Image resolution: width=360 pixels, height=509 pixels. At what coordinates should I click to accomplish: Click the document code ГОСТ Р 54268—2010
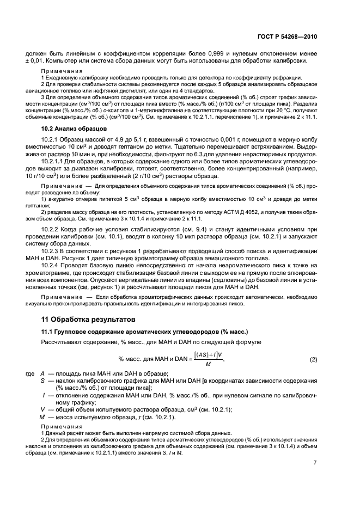pyautogui.click(x=288, y=37)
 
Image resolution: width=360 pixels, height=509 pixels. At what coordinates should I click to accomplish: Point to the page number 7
pyautogui.click(x=315, y=463)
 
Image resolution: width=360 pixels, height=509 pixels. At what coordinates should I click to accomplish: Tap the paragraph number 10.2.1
pyautogui.click(x=51, y=139)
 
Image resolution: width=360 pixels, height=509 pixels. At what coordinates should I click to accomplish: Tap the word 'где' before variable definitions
pyautogui.click(x=30, y=375)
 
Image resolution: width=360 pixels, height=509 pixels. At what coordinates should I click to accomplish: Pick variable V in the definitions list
pyautogui.click(x=42, y=409)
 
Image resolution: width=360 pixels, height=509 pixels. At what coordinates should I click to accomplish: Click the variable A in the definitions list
pyautogui.click(x=42, y=375)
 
